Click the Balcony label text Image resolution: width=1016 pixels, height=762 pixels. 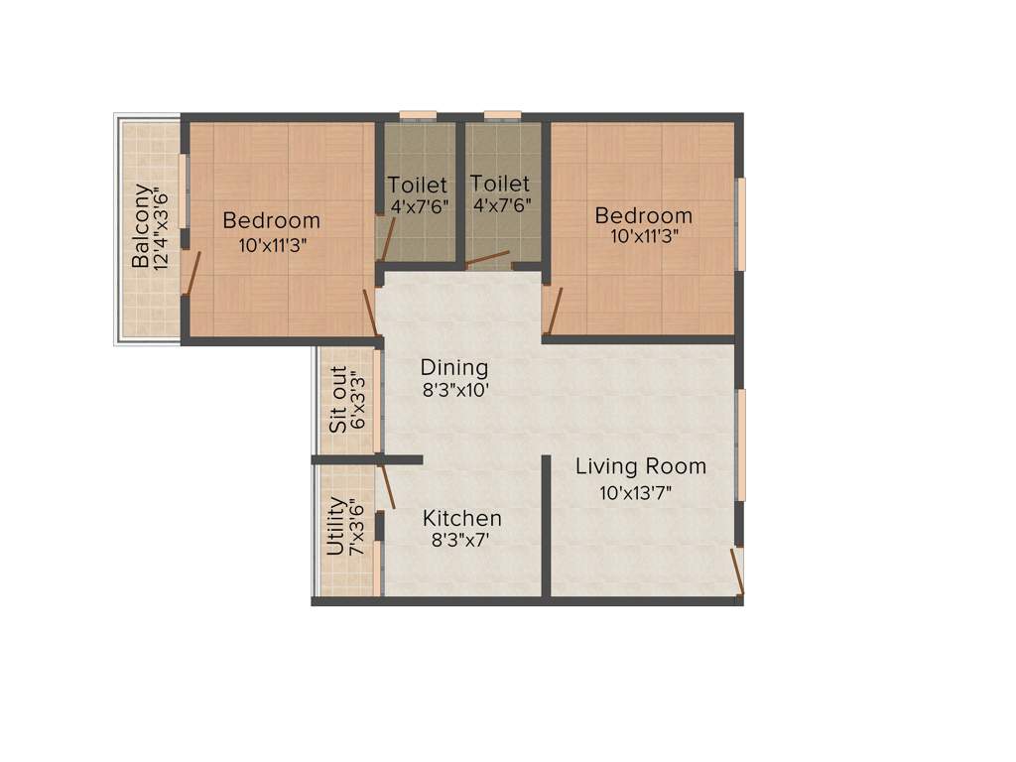(143, 227)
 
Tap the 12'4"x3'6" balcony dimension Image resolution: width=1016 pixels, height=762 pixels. (164, 227)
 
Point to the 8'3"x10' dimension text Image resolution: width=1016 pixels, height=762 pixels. (456, 390)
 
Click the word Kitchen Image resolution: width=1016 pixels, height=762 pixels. (461, 518)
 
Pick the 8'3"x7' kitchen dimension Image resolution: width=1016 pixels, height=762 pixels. (461, 541)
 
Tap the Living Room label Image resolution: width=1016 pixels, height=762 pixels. (641, 466)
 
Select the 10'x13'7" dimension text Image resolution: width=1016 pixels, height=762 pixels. (640, 492)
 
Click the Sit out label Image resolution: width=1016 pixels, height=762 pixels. (338, 400)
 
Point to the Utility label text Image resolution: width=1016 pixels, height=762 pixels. (335, 527)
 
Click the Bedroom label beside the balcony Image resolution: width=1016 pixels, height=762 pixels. (271, 220)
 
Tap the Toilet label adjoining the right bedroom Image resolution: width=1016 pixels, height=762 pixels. (500, 184)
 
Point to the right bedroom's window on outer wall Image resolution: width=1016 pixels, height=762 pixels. (740, 224)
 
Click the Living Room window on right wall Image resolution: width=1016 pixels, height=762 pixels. (740, 444)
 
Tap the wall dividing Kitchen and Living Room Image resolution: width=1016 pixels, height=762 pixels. (546, 526)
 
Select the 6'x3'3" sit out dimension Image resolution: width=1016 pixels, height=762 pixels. (359, 400)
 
